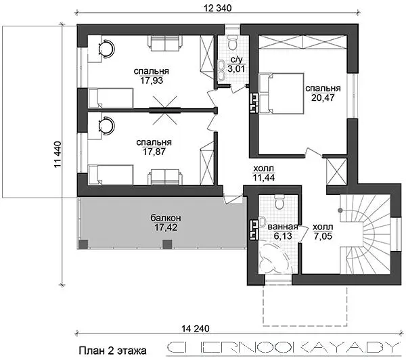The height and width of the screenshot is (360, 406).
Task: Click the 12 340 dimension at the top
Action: [217, 8]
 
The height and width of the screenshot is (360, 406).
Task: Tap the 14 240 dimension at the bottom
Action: [196, 329]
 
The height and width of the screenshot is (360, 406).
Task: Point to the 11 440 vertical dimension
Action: [58, 154]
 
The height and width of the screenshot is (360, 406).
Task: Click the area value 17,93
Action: [152, 81]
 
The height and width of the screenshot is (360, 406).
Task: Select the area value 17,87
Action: [154, 152]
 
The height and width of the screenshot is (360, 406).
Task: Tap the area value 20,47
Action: [323, 97]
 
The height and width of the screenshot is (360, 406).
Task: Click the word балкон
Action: [166, 218]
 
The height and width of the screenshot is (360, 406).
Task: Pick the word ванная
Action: [283, 227]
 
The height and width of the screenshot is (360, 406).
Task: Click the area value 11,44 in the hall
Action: [264, 178]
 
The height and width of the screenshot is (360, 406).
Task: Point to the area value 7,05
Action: [323, 236]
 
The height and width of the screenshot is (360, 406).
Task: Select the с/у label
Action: [237, 60]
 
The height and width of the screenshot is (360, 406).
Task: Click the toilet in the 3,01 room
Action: [232, 42]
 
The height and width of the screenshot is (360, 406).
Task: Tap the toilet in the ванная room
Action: [279, 202]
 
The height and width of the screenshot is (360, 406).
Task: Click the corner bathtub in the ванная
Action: [273, 256]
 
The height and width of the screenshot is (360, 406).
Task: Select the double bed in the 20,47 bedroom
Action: [281, 93]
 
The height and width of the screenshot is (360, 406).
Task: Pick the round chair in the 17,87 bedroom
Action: [106, 126]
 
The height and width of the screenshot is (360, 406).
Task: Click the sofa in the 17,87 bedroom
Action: [165, 177]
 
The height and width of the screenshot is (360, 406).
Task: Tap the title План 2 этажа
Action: [112, 351]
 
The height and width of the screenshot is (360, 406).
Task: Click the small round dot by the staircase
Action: [340, 210]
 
